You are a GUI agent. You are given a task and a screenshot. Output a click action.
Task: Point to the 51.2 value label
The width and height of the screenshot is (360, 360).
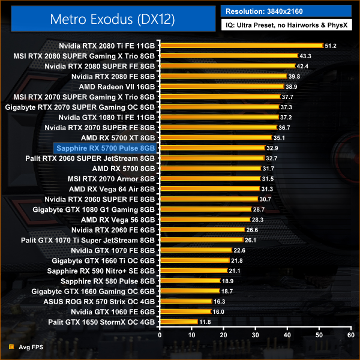coord(332,46)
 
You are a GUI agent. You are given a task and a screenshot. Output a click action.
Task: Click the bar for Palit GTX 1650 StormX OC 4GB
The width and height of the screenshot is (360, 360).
coord(178,322)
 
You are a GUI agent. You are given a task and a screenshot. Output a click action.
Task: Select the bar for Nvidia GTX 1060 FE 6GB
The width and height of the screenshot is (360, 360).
coord(185,312)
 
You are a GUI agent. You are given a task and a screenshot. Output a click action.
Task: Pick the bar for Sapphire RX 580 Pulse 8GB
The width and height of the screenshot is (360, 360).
coord(190,281)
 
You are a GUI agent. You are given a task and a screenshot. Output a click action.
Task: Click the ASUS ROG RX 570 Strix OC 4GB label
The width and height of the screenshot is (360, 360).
coord(101,301)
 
